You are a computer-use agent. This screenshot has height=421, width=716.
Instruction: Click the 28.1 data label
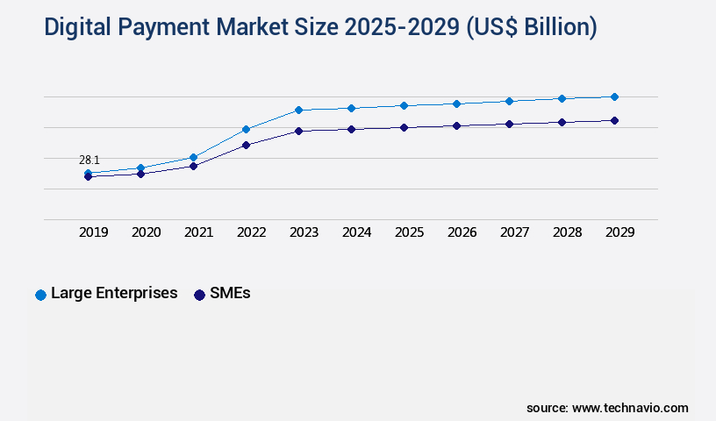pos(89,160)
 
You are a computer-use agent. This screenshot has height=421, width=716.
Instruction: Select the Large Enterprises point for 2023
pos(298,110)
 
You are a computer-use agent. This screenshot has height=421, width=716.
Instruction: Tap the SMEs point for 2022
pos(246,145)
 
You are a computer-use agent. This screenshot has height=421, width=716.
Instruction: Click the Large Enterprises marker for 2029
pos(614,96)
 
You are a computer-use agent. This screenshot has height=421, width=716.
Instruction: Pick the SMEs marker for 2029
pos(614,120)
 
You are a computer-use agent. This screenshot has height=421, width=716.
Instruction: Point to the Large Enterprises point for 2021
pos(193,157)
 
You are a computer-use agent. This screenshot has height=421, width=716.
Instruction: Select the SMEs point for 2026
pos(456,125)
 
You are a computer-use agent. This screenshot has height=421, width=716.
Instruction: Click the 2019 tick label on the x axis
pos(93,232)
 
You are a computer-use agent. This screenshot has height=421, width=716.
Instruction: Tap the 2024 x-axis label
pos(356,232)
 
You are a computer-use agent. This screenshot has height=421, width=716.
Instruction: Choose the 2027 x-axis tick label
pos(514,232)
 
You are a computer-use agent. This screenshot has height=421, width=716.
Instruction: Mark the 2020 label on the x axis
pos(146,232)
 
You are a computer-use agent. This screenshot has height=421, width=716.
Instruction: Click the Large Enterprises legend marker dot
pos(40,295)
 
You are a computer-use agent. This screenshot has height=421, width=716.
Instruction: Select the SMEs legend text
pos(230,294)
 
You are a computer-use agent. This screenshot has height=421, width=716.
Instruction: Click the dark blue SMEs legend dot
pos(199,295)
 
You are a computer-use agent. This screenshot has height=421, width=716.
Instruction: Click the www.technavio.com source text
pos(630,408)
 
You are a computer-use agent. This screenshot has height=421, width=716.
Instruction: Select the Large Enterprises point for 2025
pos(404,105)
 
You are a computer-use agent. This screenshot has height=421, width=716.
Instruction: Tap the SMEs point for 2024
pos(351,129)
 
